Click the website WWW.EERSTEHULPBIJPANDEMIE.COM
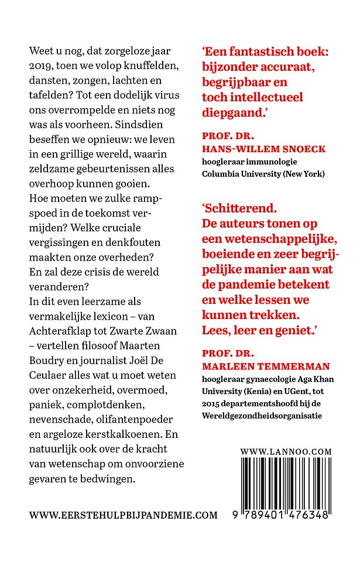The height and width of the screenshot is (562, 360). tap(123, 515)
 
